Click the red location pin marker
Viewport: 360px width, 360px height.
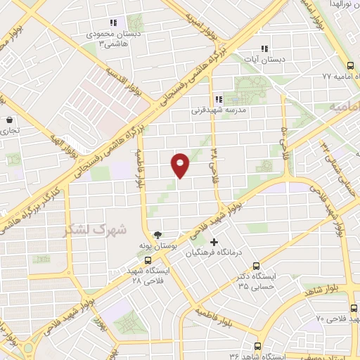pyautogui.click(x=181, y=165)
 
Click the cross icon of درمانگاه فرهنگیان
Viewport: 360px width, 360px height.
pyautogui.click(x=214, y=243)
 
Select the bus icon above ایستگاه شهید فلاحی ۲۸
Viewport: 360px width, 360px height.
pyautogui.click(x=147, y=260)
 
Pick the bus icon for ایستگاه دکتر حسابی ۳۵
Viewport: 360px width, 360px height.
pyautogui.click(x=256, y=266)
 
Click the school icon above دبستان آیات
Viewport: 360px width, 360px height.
pyautogui.click(x=264, y=49)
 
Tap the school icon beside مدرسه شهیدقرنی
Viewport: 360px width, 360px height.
pyautogui.click(x=218, y=100)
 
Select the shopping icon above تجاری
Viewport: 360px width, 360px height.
pyautogui.click(x=8, y=120)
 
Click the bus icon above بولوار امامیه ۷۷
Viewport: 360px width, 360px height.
pyautogui.click(x=350, y=65)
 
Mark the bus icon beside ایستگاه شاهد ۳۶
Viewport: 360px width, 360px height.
pyautogui.click(x=257, y=346)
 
